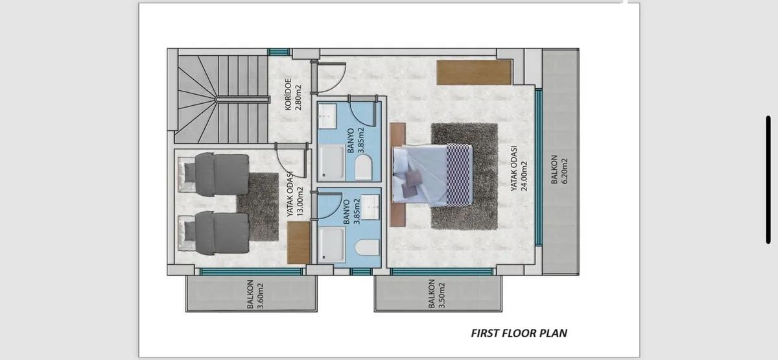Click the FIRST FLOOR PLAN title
(519, 333)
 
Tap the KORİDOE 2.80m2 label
(293, 95)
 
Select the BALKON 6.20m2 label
(559, 169)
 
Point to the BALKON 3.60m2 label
(255, 294)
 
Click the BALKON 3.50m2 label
(436, 294)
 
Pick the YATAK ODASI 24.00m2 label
(519, 168)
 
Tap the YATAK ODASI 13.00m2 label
(295, 195)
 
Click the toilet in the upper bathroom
(363, 167)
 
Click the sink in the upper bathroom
(327, 116)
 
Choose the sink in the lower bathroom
(370, 207)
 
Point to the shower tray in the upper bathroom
(332, 163)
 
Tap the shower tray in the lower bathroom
(332, 245)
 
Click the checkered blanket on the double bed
(459, 174)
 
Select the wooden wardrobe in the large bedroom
(474, 72)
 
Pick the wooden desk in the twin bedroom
(299, 243)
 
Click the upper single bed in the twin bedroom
(213, 174)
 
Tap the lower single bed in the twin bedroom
(213, 233)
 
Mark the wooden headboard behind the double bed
(397, 174)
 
